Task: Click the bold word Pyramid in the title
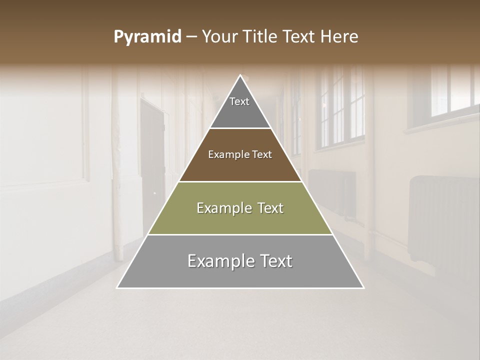point(147,37)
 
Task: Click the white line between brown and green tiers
point(240,181)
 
